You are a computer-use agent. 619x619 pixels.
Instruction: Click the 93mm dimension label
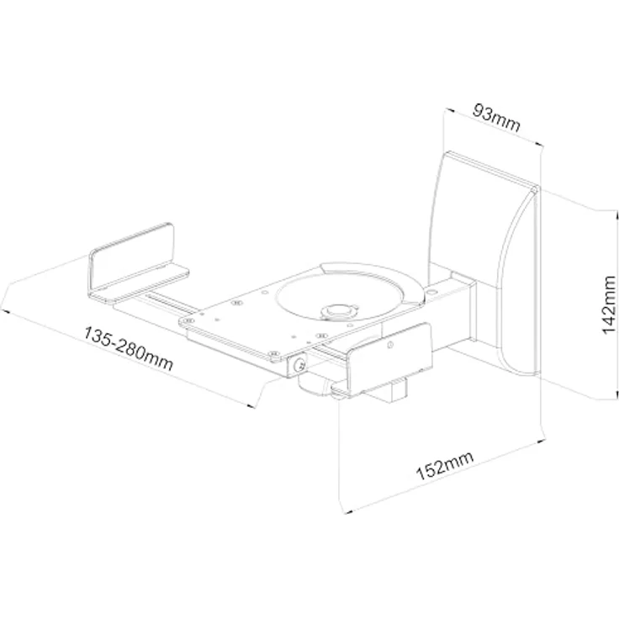(496, 118)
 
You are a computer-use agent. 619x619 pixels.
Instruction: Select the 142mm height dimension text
(608, 304)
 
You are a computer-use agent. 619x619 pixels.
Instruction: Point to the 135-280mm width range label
(129, 348)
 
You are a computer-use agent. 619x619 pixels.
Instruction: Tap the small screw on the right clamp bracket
(390, 345)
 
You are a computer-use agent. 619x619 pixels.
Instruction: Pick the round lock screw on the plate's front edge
(300, 365)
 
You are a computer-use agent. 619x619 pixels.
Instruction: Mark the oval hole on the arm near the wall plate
(431, 293)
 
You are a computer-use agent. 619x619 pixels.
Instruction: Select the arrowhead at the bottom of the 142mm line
(616, 394)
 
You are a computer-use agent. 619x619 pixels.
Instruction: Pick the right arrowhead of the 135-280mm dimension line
(250, 405)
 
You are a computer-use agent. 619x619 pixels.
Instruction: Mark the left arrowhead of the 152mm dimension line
(348, 511)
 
